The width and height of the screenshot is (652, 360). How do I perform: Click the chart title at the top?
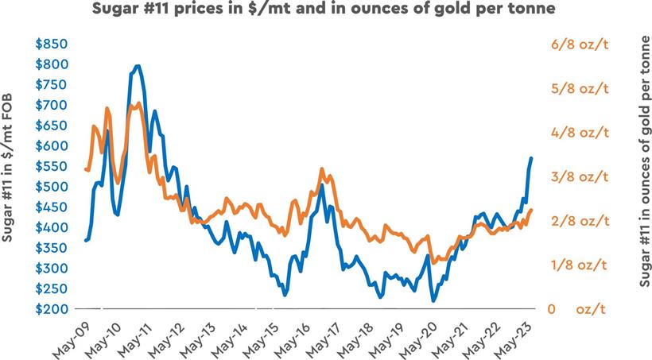click(325, 10)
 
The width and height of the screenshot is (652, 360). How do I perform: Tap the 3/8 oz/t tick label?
click(580, 176)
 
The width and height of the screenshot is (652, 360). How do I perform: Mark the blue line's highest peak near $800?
click(138, 66)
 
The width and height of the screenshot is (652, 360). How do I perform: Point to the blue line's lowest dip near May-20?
click(433, 300)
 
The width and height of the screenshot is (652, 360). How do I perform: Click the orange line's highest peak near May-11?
click(139, 103)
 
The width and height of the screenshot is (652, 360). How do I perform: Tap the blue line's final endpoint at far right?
click(531, 158)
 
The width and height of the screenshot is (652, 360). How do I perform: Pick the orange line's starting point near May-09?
click(85, 168)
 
